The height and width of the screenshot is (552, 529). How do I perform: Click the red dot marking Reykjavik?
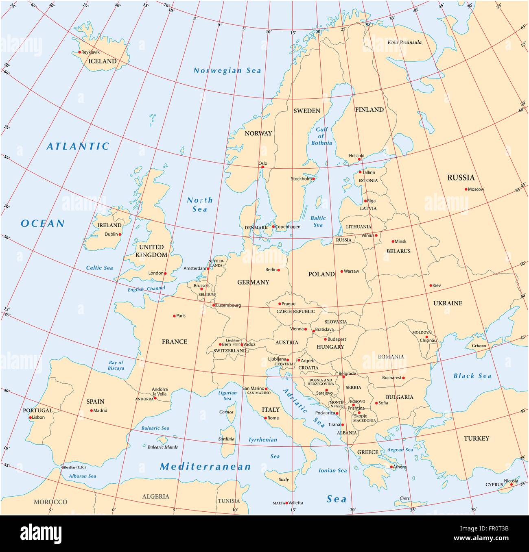(x=79, y=52)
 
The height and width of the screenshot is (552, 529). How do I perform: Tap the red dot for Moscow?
(x=466, y=189)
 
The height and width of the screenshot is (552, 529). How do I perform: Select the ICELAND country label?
(x=102, y=61)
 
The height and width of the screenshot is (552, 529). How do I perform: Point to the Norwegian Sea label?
(x=227, y=70)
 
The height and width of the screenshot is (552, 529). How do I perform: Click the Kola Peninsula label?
(x=404, y=42)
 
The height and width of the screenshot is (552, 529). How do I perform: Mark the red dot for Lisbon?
(x=30, y=417)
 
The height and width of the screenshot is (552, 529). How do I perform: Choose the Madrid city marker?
(x=91, y=411)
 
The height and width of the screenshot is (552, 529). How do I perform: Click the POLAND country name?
(x=321, y=274)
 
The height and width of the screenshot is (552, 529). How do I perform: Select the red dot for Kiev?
(x=431, y=285)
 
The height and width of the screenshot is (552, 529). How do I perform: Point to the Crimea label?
(x=479, y=346)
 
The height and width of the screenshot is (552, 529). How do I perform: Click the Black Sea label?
(x=472, y=376)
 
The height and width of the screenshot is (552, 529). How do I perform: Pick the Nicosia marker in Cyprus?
(x=512, y=484)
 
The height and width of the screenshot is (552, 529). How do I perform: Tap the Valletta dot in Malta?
(x=286, y=503)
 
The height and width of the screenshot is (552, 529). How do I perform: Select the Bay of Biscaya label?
(x=116, y=365)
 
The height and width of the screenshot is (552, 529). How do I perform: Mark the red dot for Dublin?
(x=120, y=234)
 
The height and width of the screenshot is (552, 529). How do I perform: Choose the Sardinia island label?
(x=226, y=439)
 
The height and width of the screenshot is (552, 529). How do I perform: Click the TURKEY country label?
(x=476, y=439)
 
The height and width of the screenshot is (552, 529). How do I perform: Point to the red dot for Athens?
(x=391, y=467)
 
